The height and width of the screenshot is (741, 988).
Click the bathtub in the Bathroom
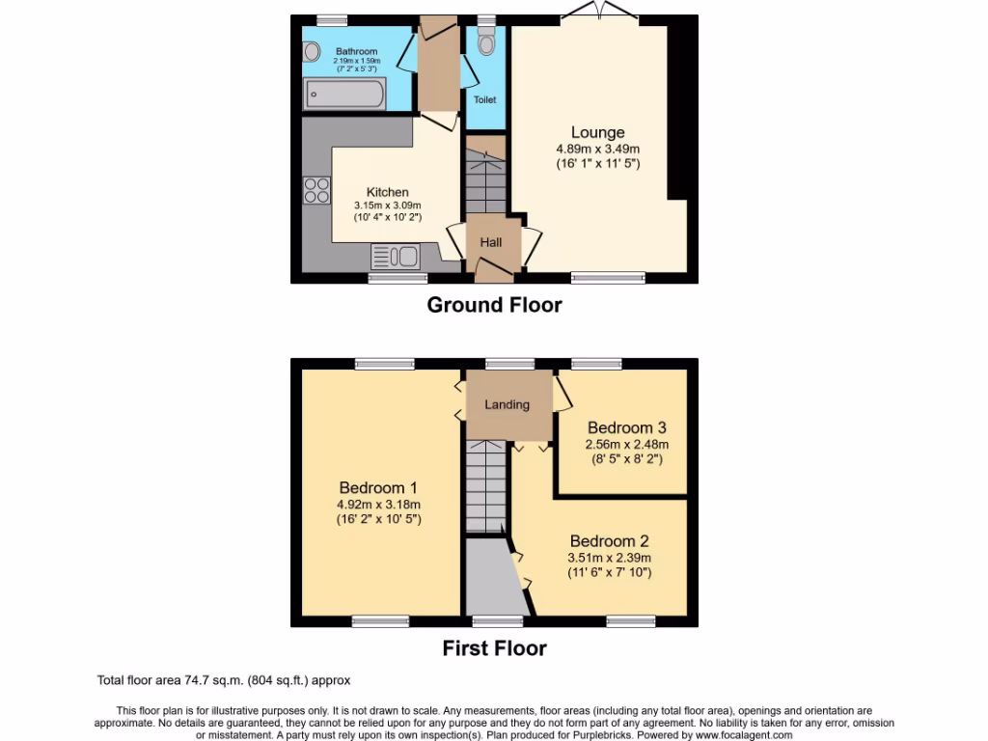[345, 94]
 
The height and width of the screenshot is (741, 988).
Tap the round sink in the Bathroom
[311, 54]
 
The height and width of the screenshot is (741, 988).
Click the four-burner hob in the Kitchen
[316, 190]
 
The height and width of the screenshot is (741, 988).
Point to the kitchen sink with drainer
[395, 257]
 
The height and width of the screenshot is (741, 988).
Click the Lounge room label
[597, 132]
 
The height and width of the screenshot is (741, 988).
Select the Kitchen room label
[387, 192]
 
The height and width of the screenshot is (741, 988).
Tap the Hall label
[491, 242]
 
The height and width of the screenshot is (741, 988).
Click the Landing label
[507, 404]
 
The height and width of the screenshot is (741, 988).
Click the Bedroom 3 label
[626, 427]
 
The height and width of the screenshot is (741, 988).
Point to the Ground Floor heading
[494, 305]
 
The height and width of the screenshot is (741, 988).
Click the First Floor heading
[494, 648]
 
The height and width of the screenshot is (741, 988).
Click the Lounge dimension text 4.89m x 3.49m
[597, 149]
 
